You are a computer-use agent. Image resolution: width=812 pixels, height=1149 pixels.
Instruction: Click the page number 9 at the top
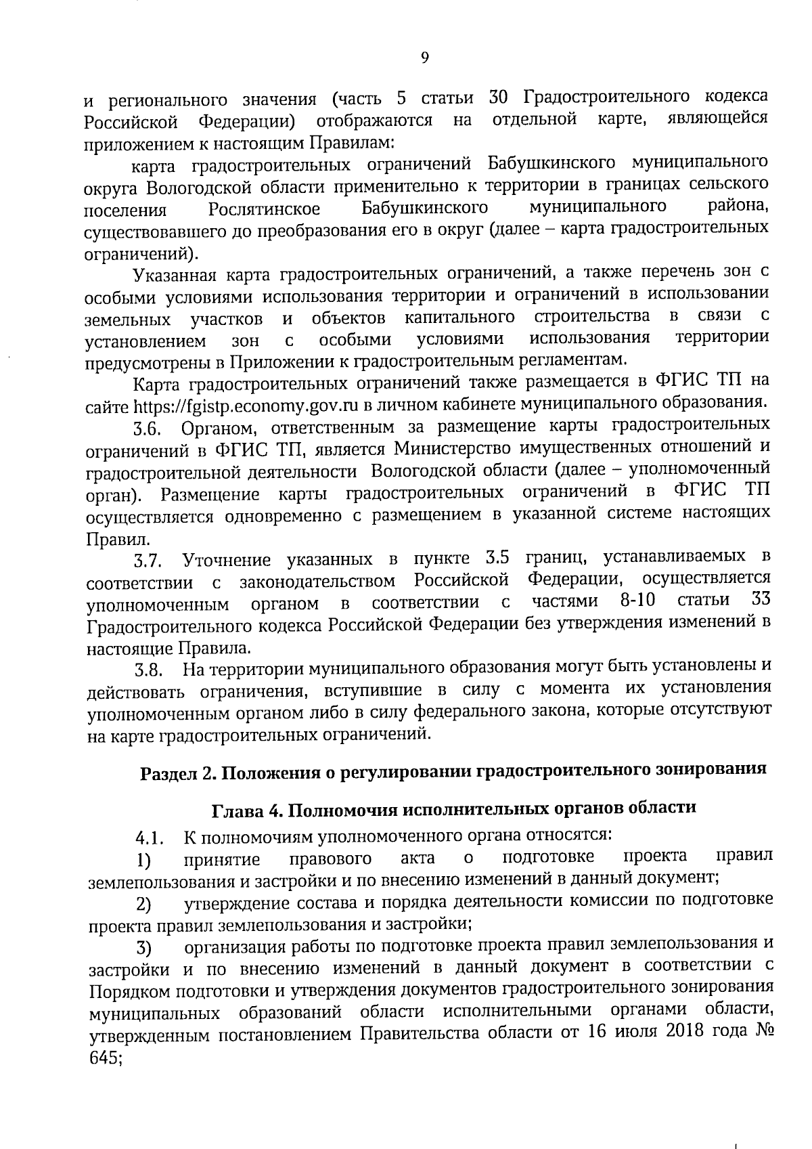425,58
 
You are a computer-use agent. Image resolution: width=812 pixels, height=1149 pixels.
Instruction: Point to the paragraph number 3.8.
148,671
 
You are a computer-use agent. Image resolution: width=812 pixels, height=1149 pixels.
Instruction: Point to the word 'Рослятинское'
265,209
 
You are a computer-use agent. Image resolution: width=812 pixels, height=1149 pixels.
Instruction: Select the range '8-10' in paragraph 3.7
639,601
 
